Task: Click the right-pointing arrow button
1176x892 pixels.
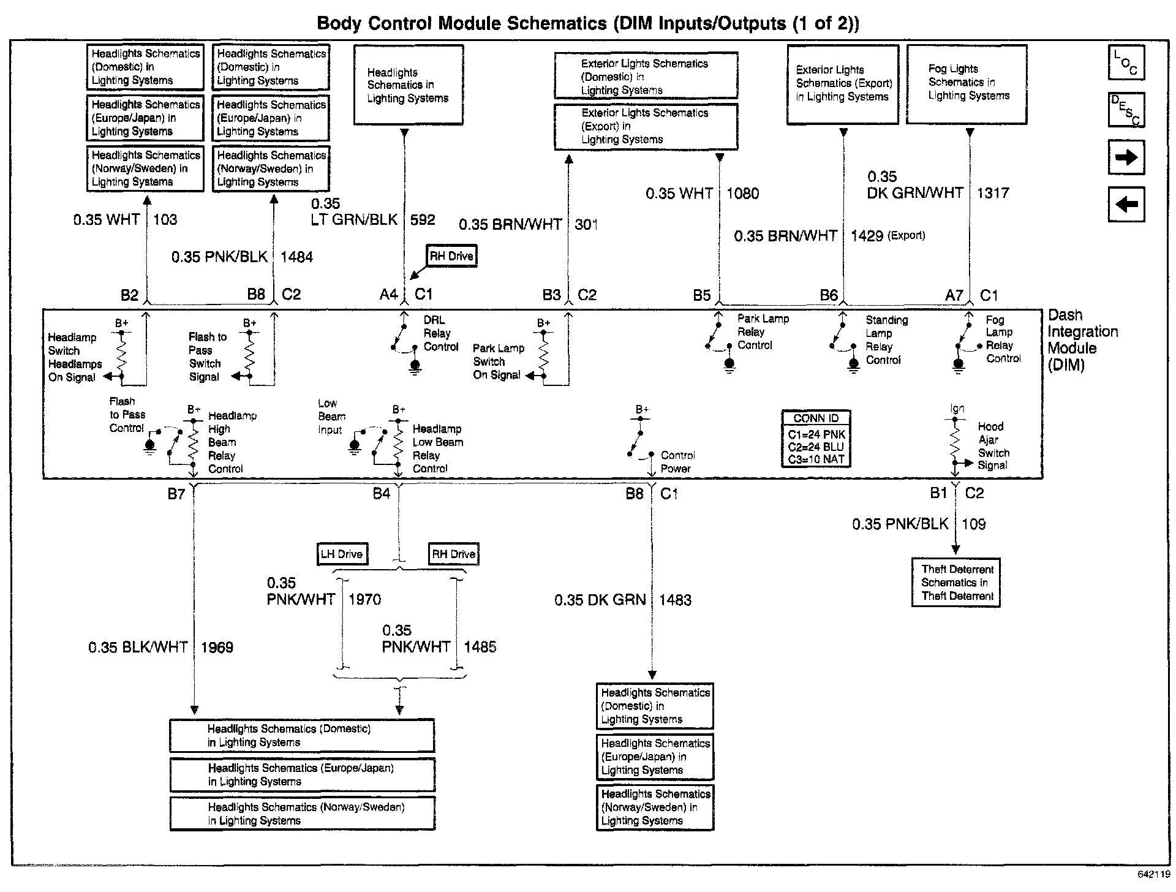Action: tap(1126, 157)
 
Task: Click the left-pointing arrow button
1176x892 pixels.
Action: tap(1126, 204)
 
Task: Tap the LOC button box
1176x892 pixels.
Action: tap(1126, 62)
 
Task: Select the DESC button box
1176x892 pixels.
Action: tap(1126, 110)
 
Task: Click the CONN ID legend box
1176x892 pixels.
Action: tap(816, 439)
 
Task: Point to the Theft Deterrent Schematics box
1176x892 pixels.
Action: tap(956, 583)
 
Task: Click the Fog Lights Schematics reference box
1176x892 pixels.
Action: tap(967, 85)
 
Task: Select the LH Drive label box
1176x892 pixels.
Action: tap(342, 554)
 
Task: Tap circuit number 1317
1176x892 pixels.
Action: tap(992, 193)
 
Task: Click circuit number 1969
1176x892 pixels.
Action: tap(217, 648)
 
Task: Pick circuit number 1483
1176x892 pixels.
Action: tap(675, 600)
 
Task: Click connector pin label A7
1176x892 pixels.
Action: tap(954, 295)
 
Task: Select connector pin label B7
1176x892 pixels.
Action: tap(176, 494)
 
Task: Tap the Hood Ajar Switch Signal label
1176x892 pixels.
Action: tap(993, 446)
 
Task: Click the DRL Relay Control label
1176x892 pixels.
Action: tap(440, 333)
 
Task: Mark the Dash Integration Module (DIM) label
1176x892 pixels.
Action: tap(1082, 340)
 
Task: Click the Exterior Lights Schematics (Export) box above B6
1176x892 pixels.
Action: tap(843, 85)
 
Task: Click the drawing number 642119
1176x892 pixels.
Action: tap(1154, 875)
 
